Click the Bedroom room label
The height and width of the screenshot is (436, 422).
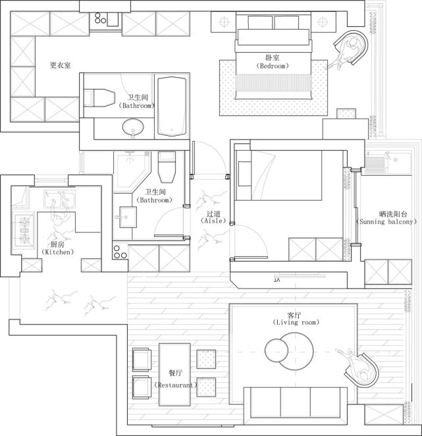tap(273, 66)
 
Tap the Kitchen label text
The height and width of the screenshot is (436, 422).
tap(57, 252)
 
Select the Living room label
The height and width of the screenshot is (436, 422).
tap(296, 322)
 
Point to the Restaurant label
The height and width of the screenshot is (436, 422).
tap(176, 385)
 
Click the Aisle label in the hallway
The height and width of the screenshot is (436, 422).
tap(213, 221)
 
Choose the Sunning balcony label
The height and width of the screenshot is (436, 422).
tap(386, 221)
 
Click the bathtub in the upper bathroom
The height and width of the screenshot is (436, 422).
tap(172, 107)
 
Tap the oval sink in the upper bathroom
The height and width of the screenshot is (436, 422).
tap(133, 127)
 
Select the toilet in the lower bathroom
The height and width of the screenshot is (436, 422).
tap(167, 167)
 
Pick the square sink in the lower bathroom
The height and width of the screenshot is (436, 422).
tap(128, 217)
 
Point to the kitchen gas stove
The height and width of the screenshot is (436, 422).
tap(24, 231)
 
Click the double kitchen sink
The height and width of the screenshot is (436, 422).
tap(59, 200)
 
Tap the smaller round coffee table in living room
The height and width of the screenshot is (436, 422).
tap(276, 350)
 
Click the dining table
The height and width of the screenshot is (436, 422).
tap(174, 375)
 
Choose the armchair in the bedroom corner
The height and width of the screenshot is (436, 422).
tap(352, 47)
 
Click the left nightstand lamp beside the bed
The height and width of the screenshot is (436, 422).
tap(224, 22)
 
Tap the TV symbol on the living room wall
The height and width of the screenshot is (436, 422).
tap(300, 276)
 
